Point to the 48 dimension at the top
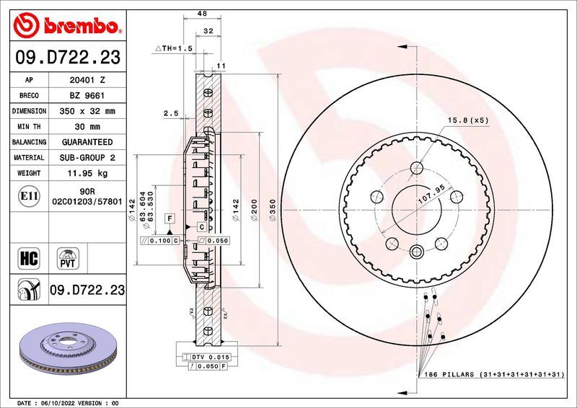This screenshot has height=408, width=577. [x=204, y=13]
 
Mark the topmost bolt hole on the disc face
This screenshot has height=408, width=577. [x=417, y=169]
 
